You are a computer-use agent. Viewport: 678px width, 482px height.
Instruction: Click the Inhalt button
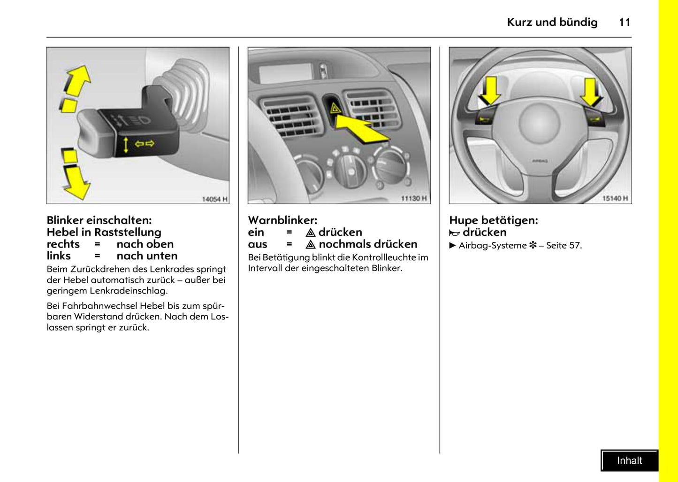pos(629,460)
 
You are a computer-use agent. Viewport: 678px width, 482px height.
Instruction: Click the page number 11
pos(625,22)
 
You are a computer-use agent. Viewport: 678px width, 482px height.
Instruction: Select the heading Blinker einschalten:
pos(99,220)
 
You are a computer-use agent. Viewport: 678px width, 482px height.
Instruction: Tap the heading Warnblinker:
pos(282,220)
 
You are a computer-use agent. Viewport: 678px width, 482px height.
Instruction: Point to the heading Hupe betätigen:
pos(493,220)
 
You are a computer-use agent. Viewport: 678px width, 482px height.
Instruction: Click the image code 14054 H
pos(214,199)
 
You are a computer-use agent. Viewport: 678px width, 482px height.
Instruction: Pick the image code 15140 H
pos(615,199)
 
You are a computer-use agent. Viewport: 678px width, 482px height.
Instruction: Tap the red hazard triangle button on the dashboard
pos(335,109)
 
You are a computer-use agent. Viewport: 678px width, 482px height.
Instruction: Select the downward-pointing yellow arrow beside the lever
pos(76,182)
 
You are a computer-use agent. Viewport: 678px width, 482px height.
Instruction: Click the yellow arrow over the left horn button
pos(489,91)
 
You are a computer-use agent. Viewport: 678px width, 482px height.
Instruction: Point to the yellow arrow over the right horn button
pos(591,92)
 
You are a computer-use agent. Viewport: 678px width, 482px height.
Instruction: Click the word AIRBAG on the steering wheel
pos(540,161)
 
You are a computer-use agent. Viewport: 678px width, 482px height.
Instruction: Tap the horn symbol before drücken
pos(454,233)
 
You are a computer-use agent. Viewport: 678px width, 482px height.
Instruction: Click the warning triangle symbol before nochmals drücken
pos(310,245)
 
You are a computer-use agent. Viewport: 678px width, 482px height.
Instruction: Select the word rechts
pos(63,244)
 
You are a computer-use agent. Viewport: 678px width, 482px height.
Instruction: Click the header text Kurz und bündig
pos(552,22)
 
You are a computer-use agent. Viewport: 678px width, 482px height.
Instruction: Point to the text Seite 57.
pos(564,245)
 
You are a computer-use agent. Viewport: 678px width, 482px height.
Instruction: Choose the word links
pos(59,256)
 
